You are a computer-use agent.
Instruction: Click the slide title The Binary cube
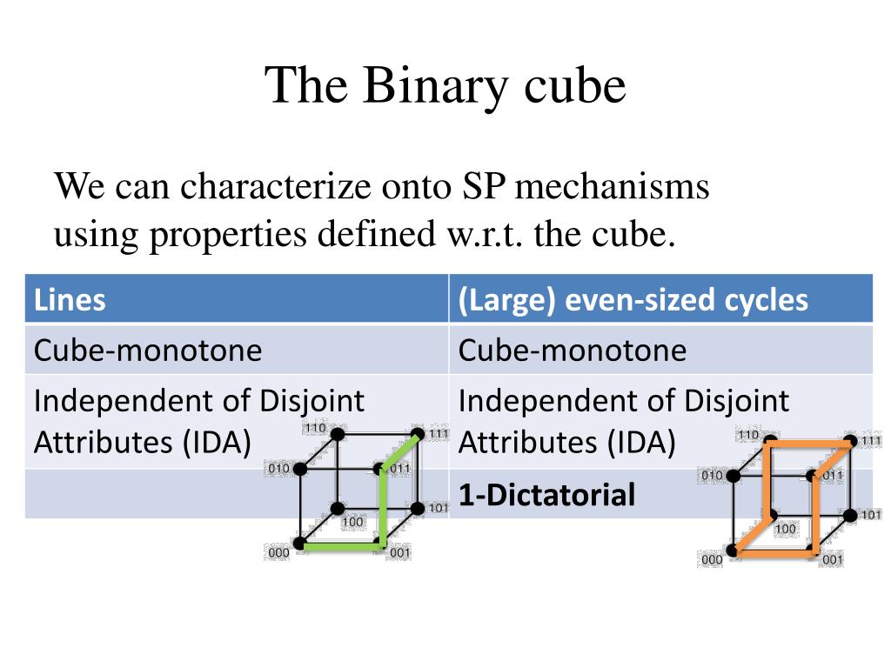[445, 86]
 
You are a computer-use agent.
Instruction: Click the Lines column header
[70, 300]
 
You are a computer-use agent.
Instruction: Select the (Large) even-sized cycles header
[633, 300]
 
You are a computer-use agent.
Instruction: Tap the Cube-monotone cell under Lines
[147, 351]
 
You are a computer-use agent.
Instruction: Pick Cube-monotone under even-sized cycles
[572, 351]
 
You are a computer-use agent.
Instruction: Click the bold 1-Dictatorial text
[546, 495]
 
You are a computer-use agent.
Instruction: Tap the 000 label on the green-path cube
[278, 553]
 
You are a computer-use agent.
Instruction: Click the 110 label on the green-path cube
[314, 428]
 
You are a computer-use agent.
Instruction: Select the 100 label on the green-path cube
[352, 522]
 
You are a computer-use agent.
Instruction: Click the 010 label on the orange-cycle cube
[711, 476]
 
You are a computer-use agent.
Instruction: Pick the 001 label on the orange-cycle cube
[833, 560]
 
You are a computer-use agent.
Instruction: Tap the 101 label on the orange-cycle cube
[871, 515]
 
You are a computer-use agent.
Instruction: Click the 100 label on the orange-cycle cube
[785, 529]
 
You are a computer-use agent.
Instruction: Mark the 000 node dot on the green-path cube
[299, 544]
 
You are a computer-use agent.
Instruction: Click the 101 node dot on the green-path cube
[417, 508]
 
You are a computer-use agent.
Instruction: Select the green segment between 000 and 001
[339, 545]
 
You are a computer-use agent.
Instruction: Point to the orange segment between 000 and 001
[773, 551]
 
